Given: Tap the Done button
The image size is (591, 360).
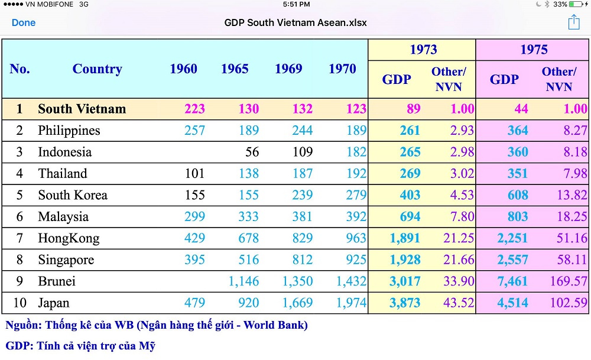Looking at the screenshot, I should pyautogui.click(x=24, y=23).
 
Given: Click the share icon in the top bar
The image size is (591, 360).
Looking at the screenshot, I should pyautogui.click(x=573, y=22).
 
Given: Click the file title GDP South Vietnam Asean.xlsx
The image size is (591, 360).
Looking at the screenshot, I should pyautogui.click(x=295, y=23).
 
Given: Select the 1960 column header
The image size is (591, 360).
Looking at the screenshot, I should pyautogui.click(x=183, y=69).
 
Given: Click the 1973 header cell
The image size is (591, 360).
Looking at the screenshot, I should pyautogui.click(x=423, y=50).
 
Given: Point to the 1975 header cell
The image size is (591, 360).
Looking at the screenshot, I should pyautogui.click(x=534, y=50).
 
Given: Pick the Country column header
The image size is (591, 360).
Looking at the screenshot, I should pyautogui.click(x=97, y=69).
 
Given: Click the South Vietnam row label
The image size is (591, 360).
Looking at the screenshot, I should pyautogui.click(x=82, y=109).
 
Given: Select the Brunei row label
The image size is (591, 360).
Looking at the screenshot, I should pyautogui.click(x=57, y=281).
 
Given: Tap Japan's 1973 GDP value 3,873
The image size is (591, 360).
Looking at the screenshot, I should pyautogui.click(x=405, y=303).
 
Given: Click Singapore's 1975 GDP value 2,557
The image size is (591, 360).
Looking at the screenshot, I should pyautogui.click(x=512, y=260).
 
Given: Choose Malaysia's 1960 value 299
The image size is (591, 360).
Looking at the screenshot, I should pyautogui.click(x=194, y=217).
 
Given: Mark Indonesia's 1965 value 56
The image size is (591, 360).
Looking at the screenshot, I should pyautogui.click(x=252, y=152).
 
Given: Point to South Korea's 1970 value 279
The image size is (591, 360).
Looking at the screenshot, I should pyautogui.click(x=355, y=195).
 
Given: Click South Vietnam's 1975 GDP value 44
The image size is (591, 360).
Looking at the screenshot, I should pyautogui.click(x=521, y=109).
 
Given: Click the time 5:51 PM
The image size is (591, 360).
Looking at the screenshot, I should pyautogui.click(x=296, y=4).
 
